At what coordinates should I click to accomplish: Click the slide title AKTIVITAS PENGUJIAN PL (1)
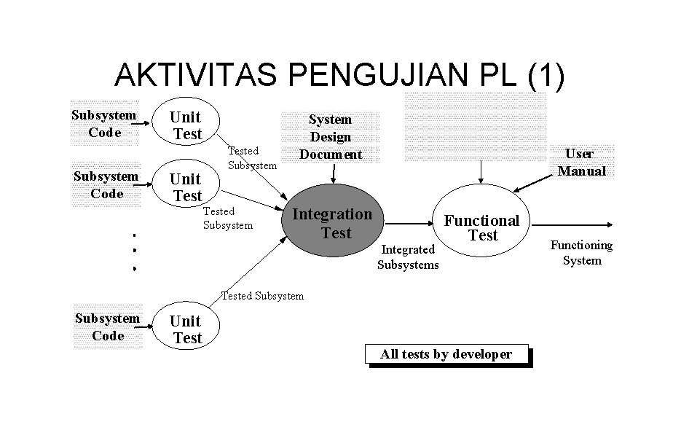(339, 76)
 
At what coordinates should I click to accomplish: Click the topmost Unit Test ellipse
(186, 125)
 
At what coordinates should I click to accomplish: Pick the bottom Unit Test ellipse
(186, 329)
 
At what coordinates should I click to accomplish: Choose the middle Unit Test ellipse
(186, 187)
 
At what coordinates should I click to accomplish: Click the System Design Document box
(331, 137)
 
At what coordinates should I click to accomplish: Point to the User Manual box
(581, 163)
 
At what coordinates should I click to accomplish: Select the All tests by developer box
(446, 354)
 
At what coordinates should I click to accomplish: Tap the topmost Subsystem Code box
(103, 123)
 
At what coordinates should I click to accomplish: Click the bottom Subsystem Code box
(108, 327)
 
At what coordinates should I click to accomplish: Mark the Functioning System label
(581, 253)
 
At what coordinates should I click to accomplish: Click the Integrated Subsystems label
(408, 257)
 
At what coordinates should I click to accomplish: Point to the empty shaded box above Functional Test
(475, 126)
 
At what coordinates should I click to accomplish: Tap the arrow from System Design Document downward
(334, 173)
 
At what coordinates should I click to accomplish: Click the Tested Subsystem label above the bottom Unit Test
(262, 296)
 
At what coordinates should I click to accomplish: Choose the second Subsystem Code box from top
(106, 185)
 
